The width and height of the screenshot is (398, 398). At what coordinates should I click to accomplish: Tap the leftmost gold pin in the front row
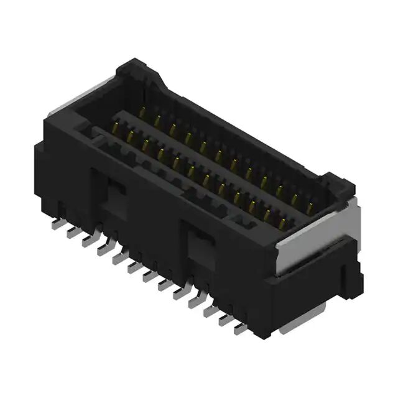(116, 129)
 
